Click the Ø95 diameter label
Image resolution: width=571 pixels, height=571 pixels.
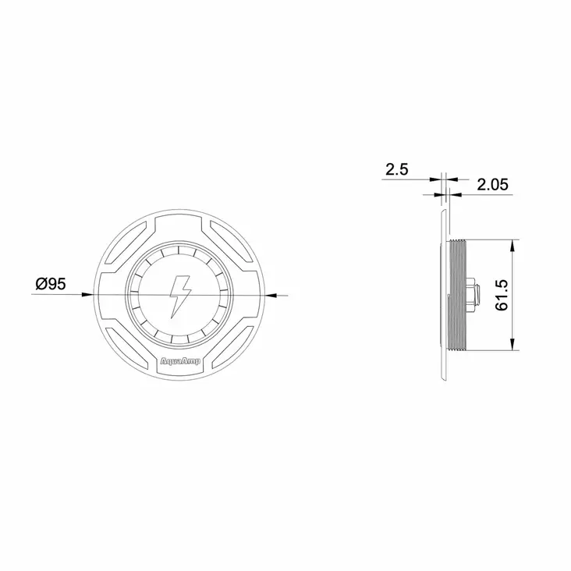coord(51,284)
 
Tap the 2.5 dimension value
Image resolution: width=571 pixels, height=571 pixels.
coord(397,170)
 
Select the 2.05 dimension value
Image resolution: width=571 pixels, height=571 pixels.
coord(492,185)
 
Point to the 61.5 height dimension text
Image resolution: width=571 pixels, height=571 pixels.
coord(502,296)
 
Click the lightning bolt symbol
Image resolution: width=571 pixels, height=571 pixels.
coord(180,296)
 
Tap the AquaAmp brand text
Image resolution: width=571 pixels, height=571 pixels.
coord(180,361)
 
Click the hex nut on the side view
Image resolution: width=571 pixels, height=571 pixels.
coord(472,296)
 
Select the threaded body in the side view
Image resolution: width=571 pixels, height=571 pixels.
coord(457,296)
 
